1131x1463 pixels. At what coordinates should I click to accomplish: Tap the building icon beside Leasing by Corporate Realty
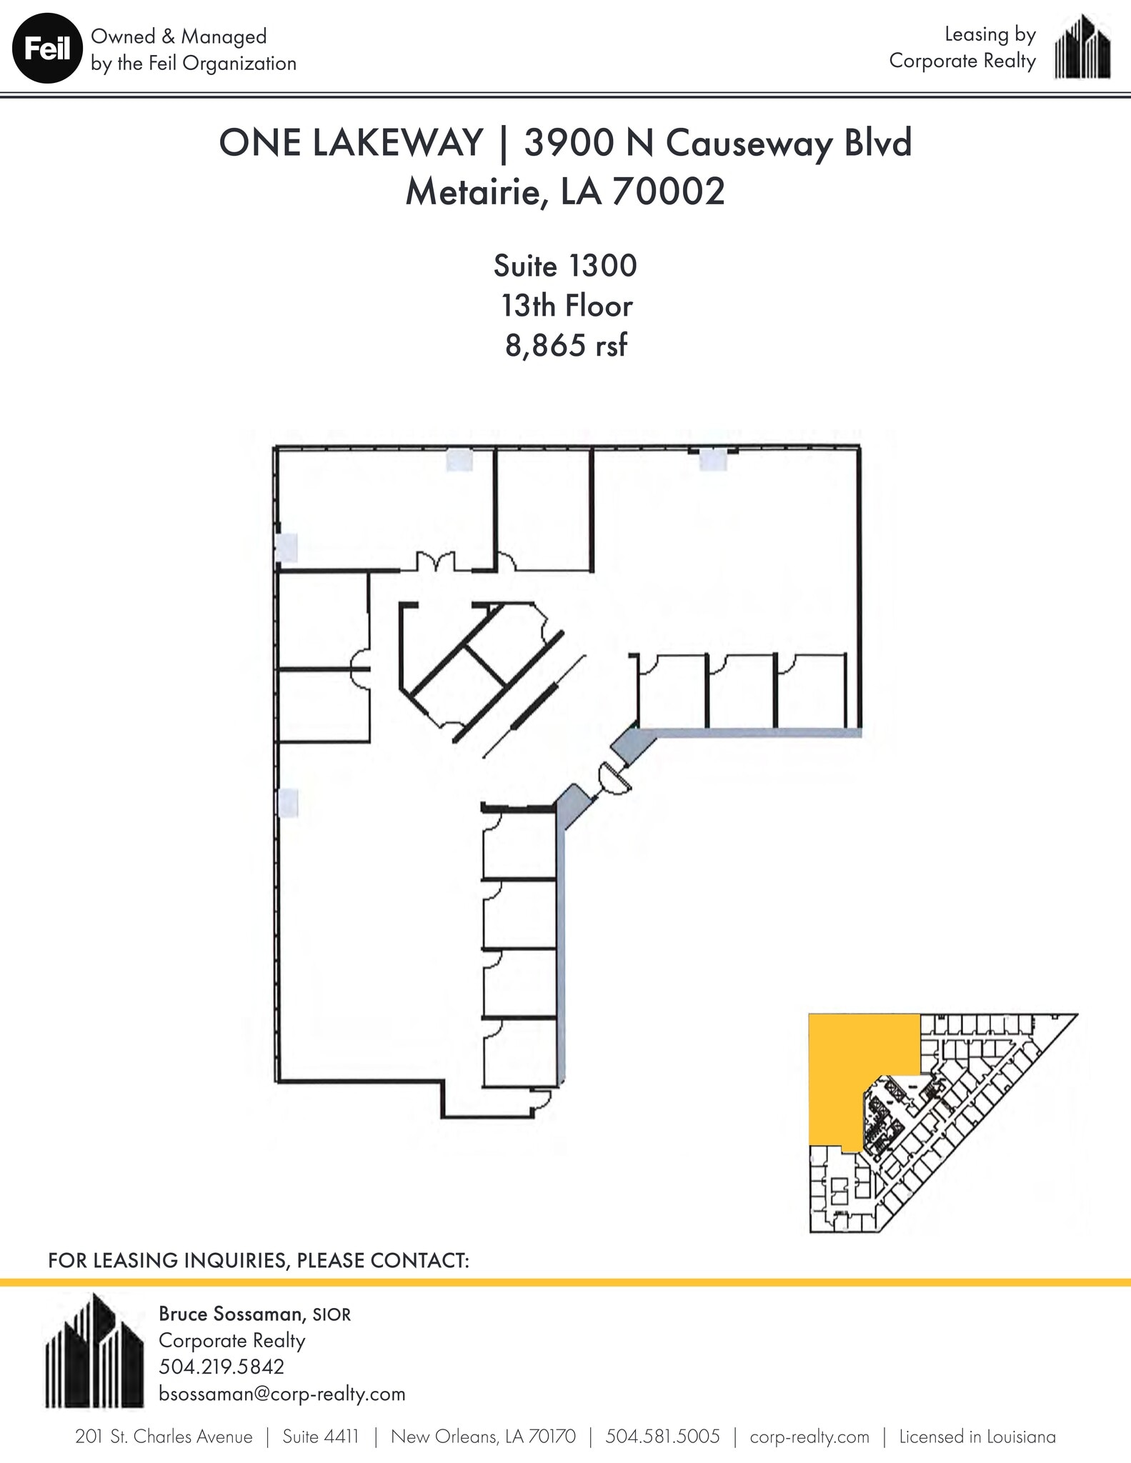(x=1082, y=49)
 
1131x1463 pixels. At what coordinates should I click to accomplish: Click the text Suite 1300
(x=565, y=266)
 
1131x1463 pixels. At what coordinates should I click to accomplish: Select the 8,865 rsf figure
(x=566, y=346)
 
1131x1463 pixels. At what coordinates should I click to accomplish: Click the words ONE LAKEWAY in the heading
(x=351, y=143)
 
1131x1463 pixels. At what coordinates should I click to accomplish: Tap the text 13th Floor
(x=566, y=306)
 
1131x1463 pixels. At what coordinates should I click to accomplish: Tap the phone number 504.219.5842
(x=221, y=1367)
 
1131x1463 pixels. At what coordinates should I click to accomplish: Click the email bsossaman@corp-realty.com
(x=281, y=1394)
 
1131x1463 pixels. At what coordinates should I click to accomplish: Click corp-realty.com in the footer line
(x=809, y=1437)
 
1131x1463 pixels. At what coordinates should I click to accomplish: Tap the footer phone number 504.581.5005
(x=662, y=1437)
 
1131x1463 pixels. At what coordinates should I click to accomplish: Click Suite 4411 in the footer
(x=321, y=1437)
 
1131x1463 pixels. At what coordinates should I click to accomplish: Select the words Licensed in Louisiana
(x=977, y=1437)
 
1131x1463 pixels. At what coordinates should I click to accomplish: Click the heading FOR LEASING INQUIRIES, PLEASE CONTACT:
(x=259, y=1259)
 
